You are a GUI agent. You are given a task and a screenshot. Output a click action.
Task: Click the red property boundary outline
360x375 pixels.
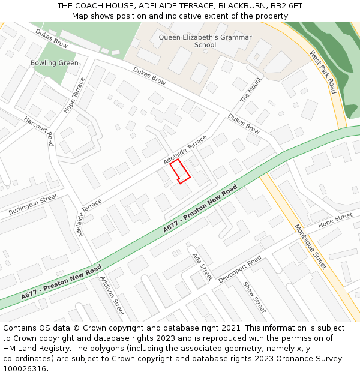click(179, 172)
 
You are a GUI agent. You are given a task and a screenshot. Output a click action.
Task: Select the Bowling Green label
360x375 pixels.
click(54, 63)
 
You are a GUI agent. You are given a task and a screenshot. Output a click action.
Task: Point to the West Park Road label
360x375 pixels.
click(323, 72)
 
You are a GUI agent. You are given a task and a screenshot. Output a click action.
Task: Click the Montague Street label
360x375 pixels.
click(310, 247)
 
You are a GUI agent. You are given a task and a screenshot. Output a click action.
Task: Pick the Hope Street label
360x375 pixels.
click(335, 220)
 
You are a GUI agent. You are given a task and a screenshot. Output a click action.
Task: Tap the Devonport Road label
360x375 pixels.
click(240, 270)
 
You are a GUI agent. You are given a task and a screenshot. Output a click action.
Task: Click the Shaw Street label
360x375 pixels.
click(254, 296)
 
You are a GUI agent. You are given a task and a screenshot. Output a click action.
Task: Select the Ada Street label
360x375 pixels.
click(202, 266)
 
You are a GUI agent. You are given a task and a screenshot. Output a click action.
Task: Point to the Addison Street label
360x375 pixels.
click(112, 296)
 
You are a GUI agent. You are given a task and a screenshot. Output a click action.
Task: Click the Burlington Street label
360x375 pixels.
click(33, 205)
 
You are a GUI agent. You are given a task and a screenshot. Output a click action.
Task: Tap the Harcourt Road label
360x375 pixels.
click(38, 131)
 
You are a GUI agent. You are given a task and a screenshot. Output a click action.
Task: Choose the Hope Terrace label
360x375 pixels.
click(75, 95)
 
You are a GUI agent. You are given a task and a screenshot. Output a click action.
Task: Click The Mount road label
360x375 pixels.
click(251, 90)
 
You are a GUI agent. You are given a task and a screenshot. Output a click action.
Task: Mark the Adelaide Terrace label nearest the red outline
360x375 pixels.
click(185, 150)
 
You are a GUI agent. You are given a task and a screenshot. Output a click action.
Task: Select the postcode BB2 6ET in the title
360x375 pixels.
click(286, 5)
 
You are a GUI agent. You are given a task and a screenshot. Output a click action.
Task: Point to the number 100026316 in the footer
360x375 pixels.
click(24, 368)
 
